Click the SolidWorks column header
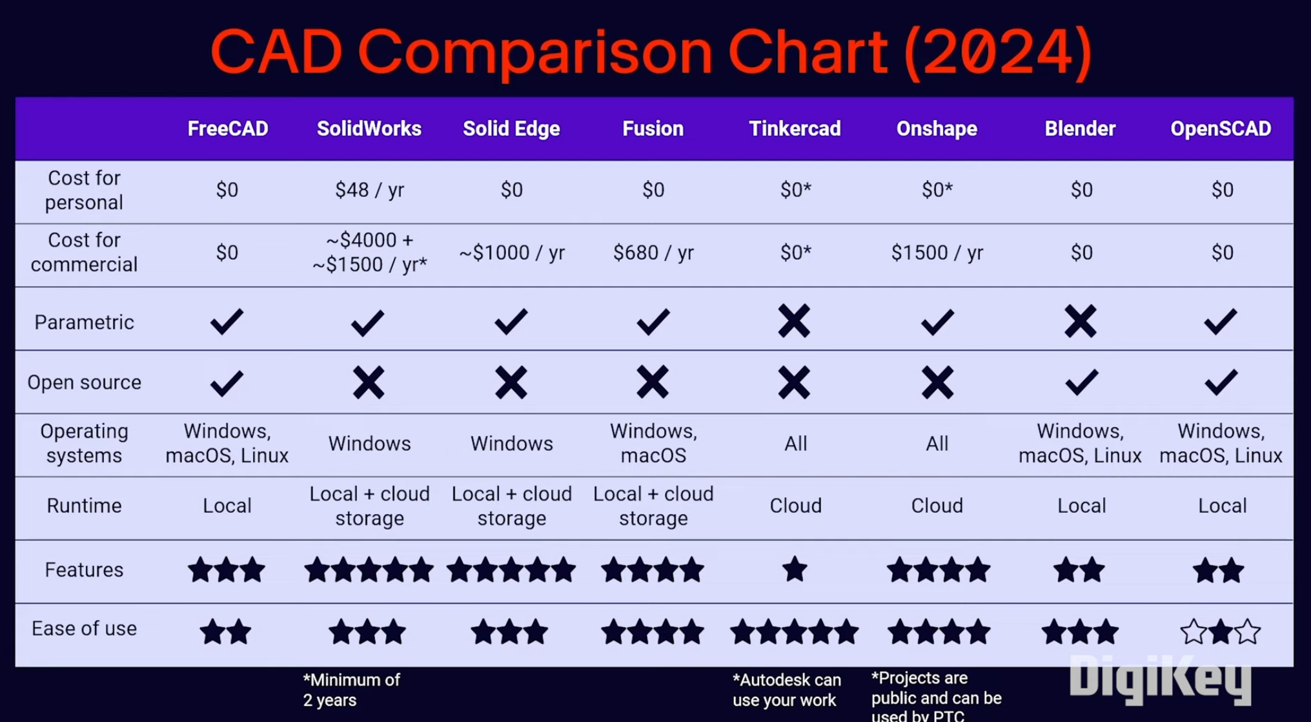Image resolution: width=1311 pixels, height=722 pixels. pos(369,129)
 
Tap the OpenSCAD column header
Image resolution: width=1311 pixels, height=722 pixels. pos(1221,129)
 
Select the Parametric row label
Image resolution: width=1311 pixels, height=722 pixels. pos(84,322)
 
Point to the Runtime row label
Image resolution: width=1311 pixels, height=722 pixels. pos(84,505)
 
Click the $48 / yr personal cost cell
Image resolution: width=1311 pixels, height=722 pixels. pos(369,190)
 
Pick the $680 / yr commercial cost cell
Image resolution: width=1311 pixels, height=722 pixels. pos(653,253)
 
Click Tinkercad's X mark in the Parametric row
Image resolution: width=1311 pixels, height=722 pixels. pos(794,321)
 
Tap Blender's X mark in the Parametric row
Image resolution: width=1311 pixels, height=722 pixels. pos(1080,321)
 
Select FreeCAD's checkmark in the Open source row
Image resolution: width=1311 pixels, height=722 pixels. pos(227,383)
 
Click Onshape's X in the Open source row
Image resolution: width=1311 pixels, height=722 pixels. pos(937,382)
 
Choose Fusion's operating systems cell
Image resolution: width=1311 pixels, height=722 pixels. pos(653,443)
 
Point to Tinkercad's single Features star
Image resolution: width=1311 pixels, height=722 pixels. pos(795,570)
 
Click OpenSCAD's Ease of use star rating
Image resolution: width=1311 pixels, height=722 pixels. pos(1221,632)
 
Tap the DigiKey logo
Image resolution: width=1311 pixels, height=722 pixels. pos(1160,677)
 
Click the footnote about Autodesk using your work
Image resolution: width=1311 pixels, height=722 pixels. pos(786,690)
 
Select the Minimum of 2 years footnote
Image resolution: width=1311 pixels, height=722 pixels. pos(351,690)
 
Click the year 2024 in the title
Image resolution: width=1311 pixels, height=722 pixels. pos(998,52)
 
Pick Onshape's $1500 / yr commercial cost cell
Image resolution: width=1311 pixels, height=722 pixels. pos(937,253)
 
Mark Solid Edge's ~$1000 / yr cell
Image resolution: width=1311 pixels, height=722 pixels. pos(511,253)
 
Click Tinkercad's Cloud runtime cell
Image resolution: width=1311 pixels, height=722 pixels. pos(795,505)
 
